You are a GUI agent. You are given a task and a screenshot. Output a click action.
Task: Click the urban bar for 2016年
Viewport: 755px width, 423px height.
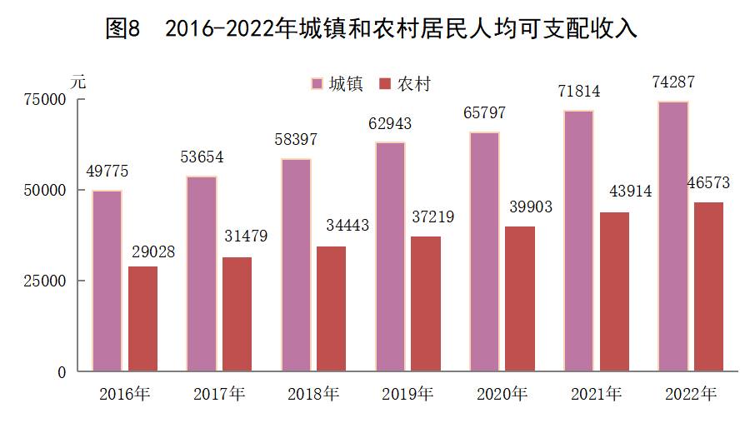coord(107,281)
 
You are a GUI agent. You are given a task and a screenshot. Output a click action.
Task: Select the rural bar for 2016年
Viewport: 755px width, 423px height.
coord(142,319)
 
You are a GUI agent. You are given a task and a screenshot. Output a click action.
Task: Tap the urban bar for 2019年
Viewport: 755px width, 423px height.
coord(390,256)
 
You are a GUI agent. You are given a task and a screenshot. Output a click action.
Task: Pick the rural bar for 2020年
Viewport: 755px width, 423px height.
coord(520,298)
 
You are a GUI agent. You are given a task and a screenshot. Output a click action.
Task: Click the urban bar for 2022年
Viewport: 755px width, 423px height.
coord(672,236)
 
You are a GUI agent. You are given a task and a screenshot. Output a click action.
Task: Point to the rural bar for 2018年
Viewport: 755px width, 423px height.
coord(331,308)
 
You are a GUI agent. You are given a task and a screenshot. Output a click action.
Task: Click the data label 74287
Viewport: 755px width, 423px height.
coord(673,82)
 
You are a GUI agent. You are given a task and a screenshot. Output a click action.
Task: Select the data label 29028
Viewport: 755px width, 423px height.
coord(153,251)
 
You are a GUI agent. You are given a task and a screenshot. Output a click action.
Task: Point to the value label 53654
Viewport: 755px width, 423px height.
coord(202,157)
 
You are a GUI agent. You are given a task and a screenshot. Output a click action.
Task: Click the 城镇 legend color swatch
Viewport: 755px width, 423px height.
coord(317,84)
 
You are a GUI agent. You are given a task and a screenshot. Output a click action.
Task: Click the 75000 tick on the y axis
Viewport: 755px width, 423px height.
coord(45,99)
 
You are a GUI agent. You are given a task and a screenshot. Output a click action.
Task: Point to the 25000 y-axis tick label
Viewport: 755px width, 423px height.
coord(45,281)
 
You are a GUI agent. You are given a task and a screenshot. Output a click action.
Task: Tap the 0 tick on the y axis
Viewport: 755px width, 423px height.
coord(61,371)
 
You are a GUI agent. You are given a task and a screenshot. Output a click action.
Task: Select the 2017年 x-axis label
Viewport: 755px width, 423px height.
coord(219,394)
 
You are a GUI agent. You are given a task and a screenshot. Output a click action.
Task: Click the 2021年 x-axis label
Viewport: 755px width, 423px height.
coord(597,394)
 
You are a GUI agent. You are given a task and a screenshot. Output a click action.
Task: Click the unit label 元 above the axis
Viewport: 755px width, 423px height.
coord(77,82)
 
